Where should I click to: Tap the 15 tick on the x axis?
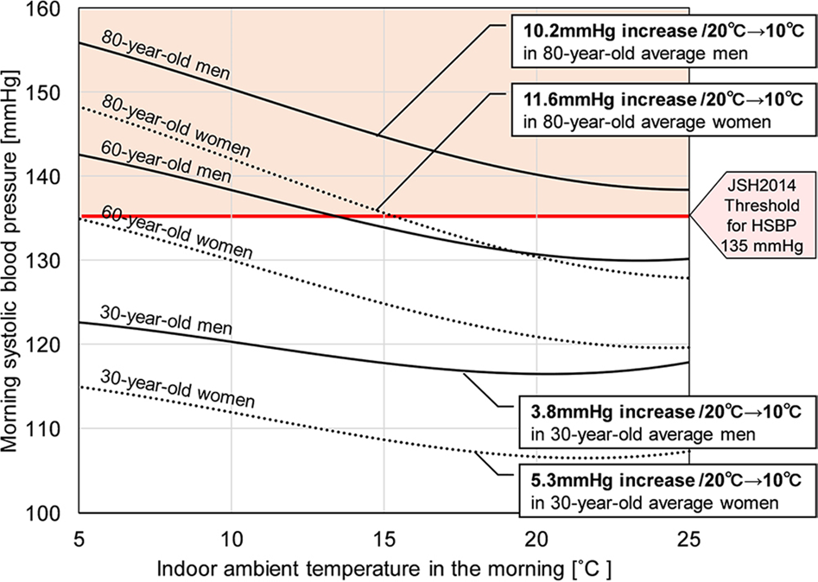[384, 536]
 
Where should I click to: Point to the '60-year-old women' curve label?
[177, 231]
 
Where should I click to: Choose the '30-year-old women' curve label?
[177, 389]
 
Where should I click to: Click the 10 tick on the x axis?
[231, 536]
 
